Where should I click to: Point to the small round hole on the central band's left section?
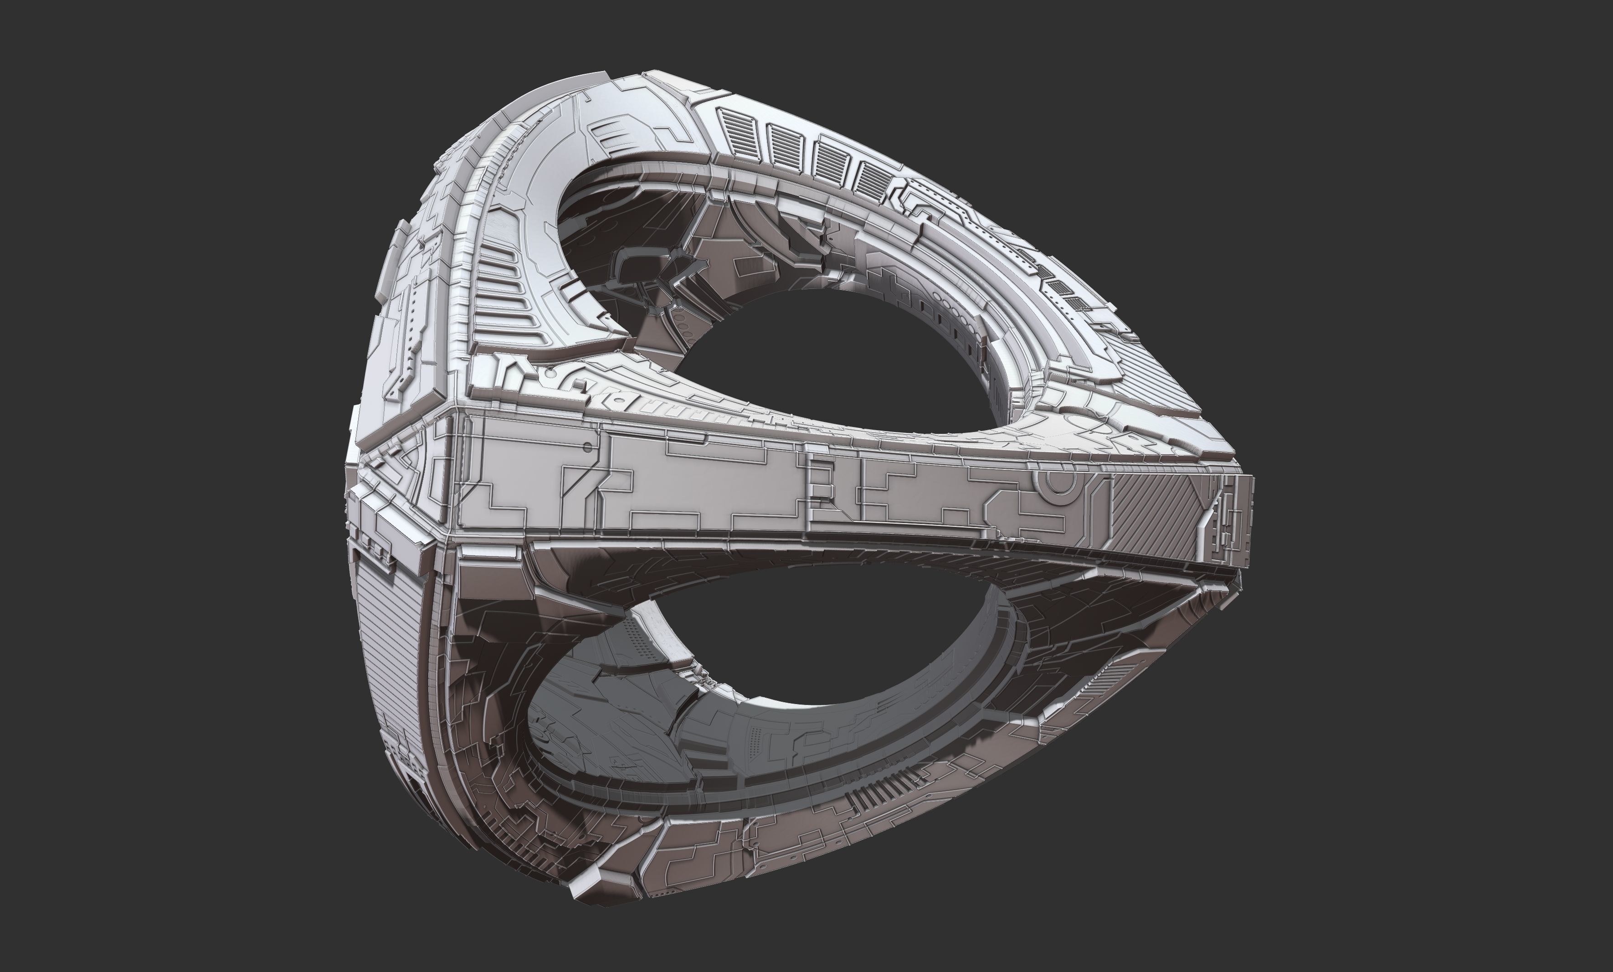pos(587,447)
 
